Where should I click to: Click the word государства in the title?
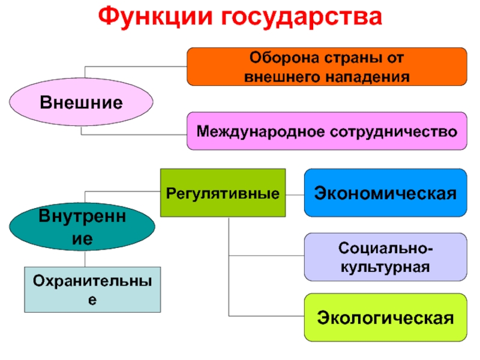[302, 18]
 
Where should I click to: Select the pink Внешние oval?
[81, 101]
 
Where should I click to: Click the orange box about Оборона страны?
[327, 67]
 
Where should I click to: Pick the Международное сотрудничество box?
[327, 131]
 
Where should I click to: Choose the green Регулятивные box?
[223, 193]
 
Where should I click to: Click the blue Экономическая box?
[386, 193]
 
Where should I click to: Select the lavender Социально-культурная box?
[386, 257]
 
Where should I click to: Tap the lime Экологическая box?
[386, 317]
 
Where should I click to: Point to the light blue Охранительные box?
[92, 289]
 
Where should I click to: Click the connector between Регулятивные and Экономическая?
[295, 193]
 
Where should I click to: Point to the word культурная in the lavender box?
[386, 266]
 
